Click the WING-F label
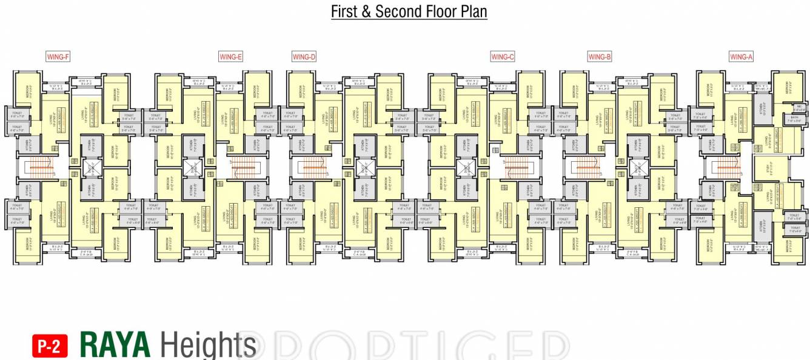pyautogui.click(x=59, y=57)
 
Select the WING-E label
pyautogui.click(x=230, y=57)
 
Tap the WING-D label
pyautogui.click(x=304, y=57)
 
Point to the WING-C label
pyautogui.click(x=503, y=57)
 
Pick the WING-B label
pyautogui.click(x=600, y=57)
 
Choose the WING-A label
pyautogui.click(x=741, y=57)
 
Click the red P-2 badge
pyautogui.click(x=50, y=346)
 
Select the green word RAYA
pyautogui.click(x=115, y=345)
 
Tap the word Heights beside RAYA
pyautogui.click(x=208, y=345)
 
